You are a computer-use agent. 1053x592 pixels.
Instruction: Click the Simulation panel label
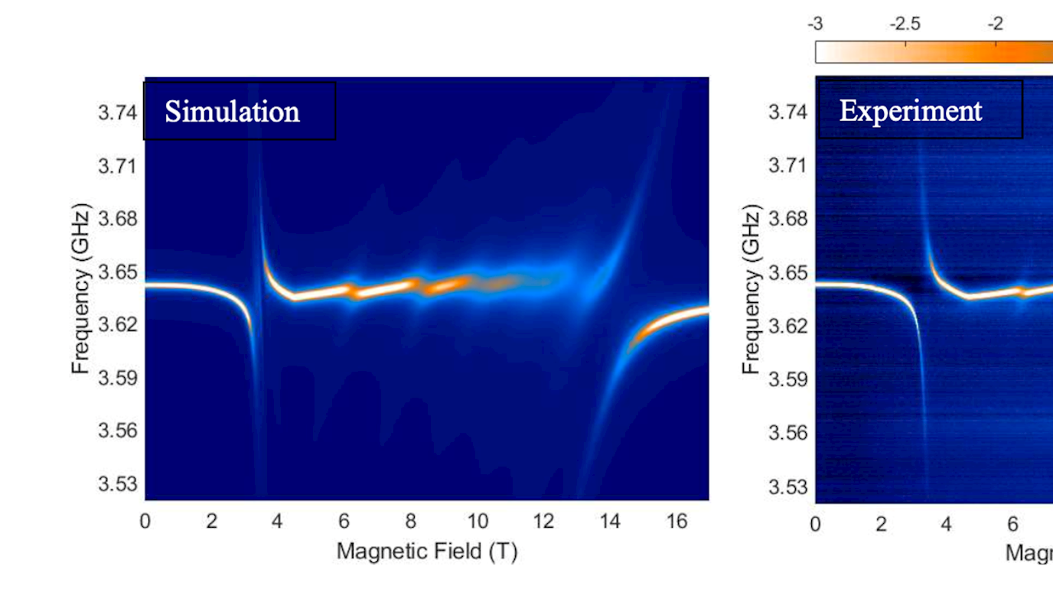[233, 112]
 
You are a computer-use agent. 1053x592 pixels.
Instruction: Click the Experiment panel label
[911, 111]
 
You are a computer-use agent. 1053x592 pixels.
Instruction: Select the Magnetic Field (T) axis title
[426, 550]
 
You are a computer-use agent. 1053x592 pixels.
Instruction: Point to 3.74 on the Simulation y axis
[117, 112]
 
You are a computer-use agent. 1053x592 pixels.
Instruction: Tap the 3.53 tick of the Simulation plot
[117, 484]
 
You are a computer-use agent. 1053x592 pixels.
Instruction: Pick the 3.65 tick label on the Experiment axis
[788, 272]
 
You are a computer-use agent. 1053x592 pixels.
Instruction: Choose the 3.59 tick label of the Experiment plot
[788, 379]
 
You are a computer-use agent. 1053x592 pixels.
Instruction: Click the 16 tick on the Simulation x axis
[676, 522]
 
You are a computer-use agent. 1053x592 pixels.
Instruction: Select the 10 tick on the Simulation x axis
[477, 522]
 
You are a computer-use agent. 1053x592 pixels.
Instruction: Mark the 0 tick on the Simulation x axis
[145, 522]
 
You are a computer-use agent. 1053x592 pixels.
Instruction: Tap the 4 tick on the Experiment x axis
[947, 524]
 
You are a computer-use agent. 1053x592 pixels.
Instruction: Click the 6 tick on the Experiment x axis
[1012, 524]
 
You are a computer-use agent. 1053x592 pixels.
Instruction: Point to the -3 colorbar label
[816, 24]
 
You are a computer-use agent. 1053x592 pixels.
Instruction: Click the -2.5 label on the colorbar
[905, 24]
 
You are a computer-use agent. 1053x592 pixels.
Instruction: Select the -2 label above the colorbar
[996, 24]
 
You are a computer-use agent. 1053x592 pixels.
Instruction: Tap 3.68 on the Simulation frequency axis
[117, 219]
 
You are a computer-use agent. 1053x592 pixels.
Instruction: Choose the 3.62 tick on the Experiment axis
[788, 326]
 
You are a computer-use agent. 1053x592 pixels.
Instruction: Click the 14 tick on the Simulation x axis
[610, 522]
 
